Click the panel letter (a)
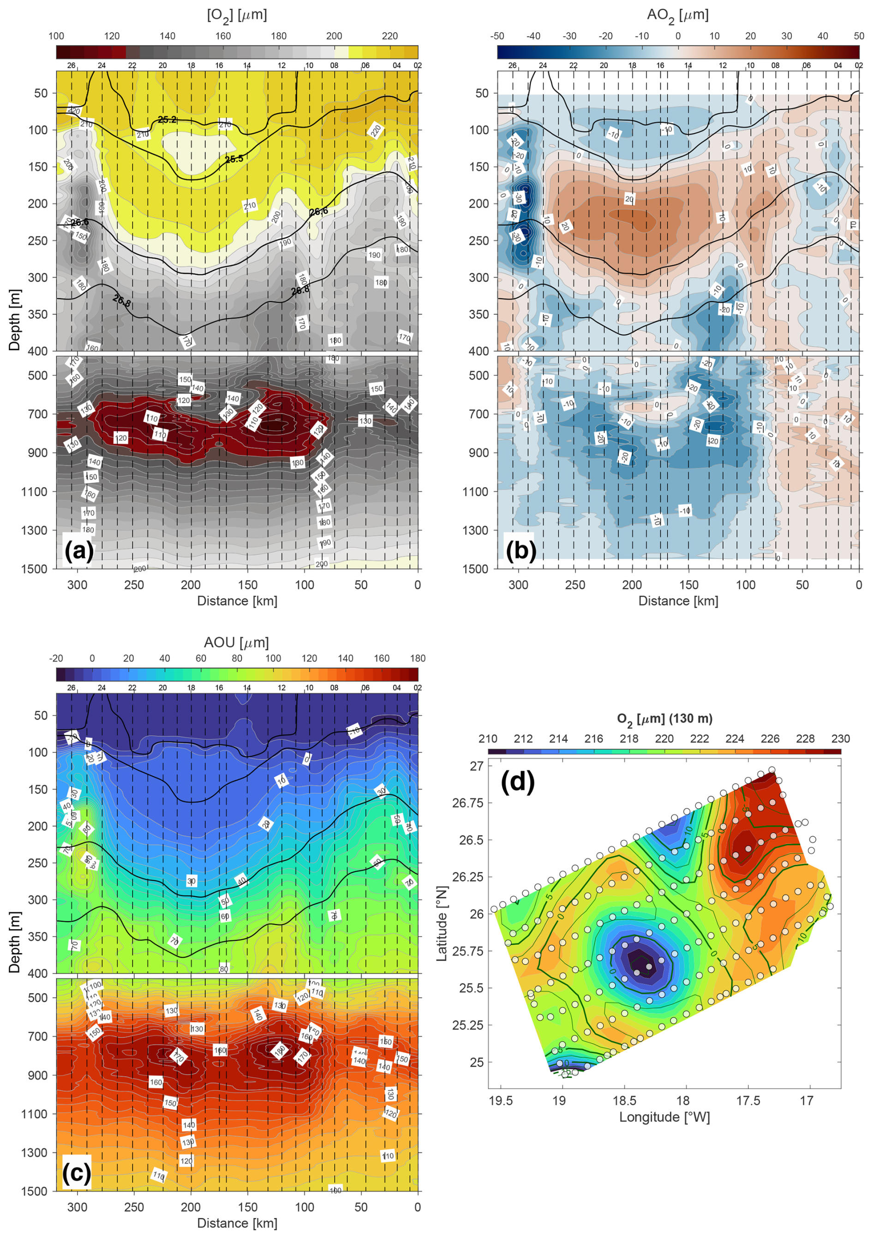tap(79, 551)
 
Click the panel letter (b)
tap(521, 550)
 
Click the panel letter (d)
tap(517, 781)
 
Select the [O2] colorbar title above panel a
tap(237, 15)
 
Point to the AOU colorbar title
tap(236, 643)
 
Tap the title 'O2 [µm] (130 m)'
tap(664, 719)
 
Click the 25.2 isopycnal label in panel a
tap(167, 120)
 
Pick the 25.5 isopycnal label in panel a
tap(234, 159)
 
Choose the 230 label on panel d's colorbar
tap(840, 739)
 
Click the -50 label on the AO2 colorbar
tap(497, 36)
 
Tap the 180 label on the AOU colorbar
tap(418, 659)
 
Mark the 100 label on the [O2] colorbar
tap(56, 36)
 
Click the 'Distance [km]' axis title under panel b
tap(678, 601)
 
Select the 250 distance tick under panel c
tap(134, 1207)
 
